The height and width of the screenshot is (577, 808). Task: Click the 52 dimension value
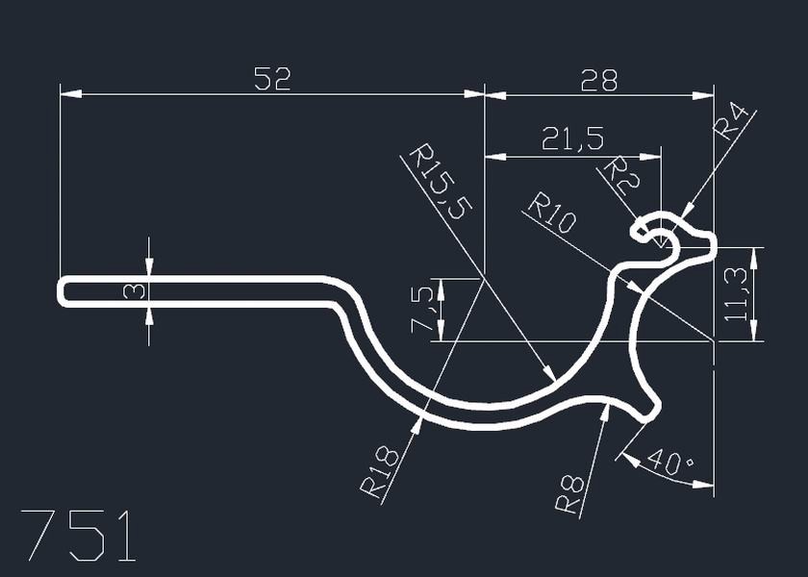click(x=272, y=79)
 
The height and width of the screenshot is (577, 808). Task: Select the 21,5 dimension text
click(x=572, y=140)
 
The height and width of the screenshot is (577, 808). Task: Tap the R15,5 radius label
click(x=437, y=184)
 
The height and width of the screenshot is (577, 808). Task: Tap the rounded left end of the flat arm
click(x=63, y=290)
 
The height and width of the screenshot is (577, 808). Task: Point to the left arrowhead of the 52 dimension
click(x=67, y=94)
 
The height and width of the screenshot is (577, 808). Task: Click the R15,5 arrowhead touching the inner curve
click(x=550, y=376)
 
